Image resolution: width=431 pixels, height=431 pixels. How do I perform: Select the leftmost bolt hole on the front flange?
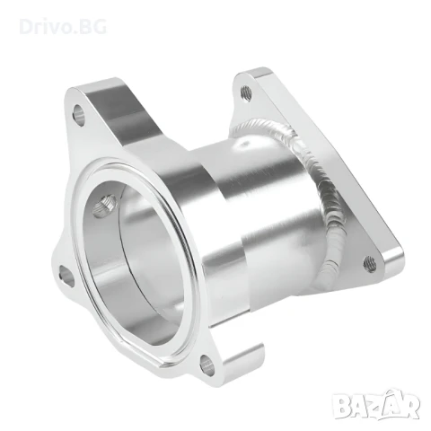66,275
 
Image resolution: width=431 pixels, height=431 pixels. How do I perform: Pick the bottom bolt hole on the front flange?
208,363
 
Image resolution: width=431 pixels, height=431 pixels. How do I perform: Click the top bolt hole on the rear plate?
245,90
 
